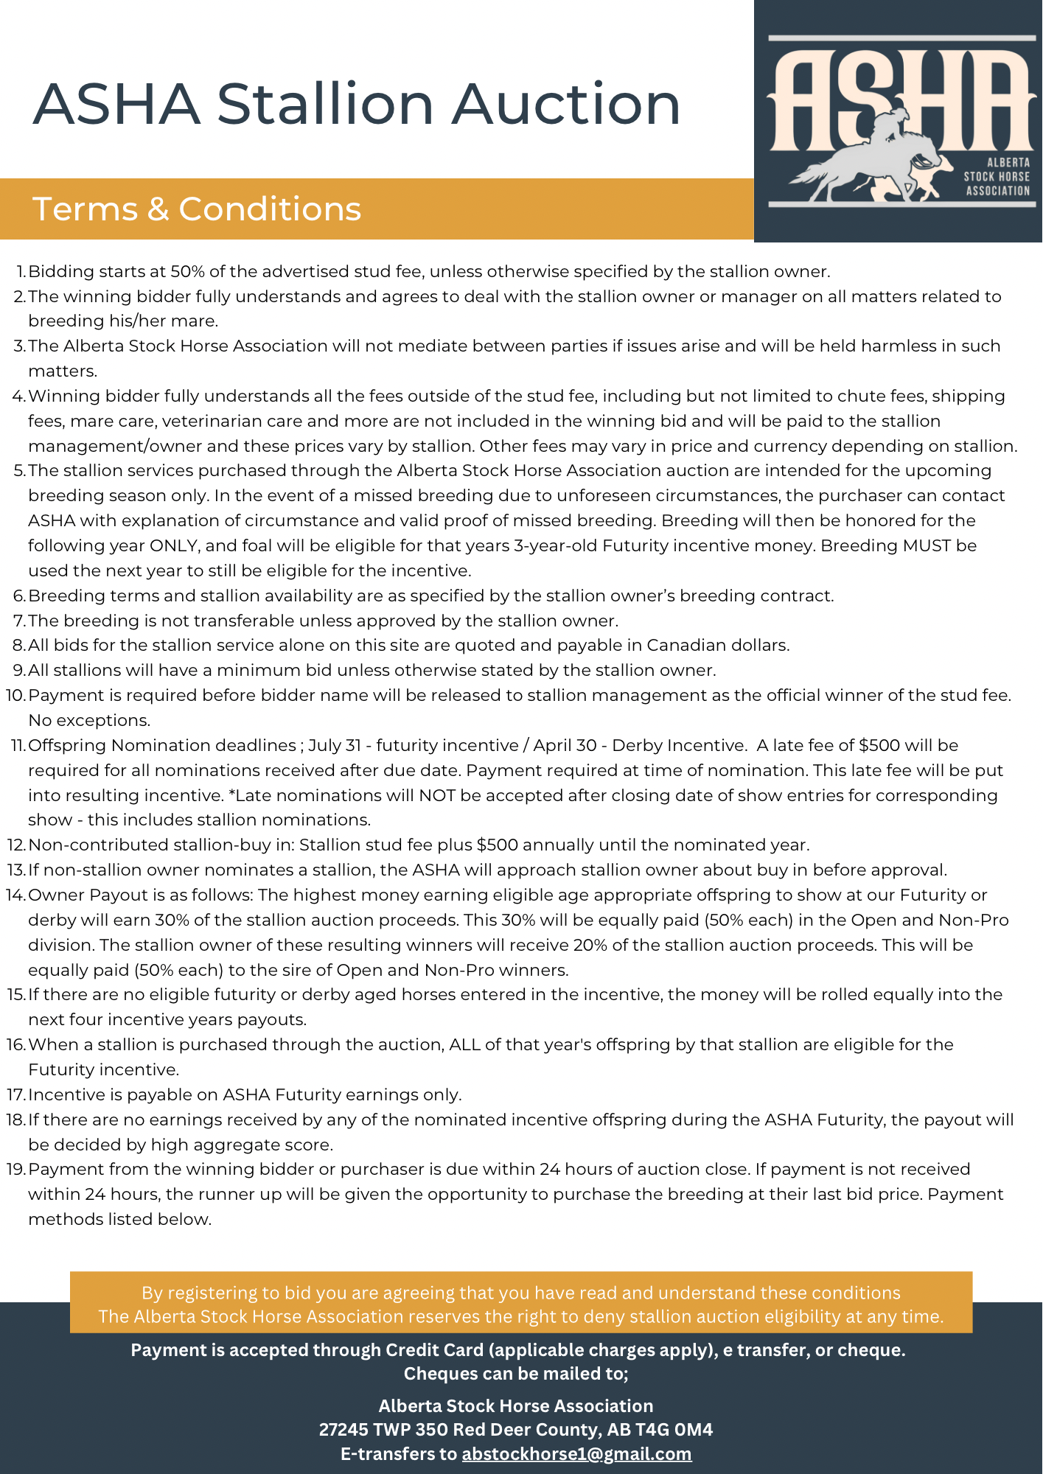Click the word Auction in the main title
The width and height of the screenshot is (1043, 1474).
(566, 104)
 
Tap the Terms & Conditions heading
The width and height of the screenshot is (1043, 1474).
(197, 209)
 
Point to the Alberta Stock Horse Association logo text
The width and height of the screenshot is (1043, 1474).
(997, 177)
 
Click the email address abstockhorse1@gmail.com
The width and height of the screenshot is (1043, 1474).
(576, 1453)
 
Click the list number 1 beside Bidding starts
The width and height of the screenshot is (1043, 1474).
(21, 272)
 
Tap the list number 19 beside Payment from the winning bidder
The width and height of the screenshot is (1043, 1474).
(15, 1170)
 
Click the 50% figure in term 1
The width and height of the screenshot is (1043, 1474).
(187, 272)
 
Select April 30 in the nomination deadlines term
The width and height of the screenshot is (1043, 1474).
(565, 746)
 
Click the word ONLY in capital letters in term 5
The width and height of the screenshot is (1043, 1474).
(173, 546)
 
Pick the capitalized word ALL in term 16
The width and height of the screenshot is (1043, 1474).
(464, 1045)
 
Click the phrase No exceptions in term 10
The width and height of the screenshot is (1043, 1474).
(89, 721)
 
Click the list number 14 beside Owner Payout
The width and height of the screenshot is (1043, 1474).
(15, 895)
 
